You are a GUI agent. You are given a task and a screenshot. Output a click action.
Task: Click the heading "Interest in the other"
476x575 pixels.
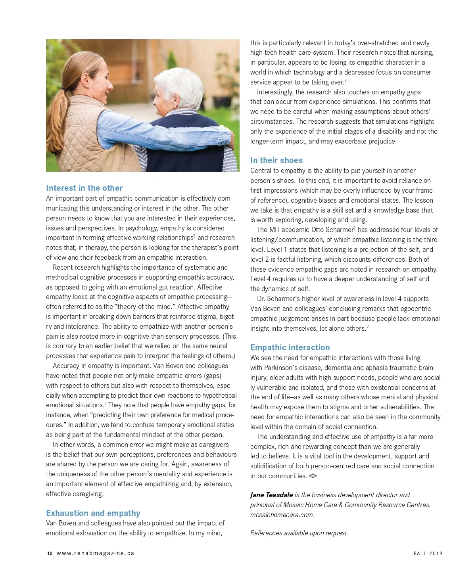pos(84,188)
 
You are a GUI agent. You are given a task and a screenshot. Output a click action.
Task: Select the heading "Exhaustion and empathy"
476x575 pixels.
pos(93,513)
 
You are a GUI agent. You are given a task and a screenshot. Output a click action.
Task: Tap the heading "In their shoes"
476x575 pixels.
pos(276,160)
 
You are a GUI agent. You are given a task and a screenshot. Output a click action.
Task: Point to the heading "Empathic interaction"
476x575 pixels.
pos(290,347)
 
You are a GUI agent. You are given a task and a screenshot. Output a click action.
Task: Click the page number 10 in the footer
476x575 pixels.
pos(50,554)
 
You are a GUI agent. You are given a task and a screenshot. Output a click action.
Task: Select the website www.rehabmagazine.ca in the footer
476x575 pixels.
pos(96,554)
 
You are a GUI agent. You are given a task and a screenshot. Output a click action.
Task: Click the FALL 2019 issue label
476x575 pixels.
pos(428,554)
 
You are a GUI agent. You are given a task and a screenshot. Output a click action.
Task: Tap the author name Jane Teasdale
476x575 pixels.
pos(271,495)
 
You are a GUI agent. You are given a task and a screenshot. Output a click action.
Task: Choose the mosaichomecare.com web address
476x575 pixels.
pos(282,515)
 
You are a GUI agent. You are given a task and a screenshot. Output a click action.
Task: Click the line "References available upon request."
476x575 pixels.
pos(299,533)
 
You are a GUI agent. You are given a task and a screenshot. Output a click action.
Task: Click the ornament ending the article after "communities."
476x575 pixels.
pos(313,476)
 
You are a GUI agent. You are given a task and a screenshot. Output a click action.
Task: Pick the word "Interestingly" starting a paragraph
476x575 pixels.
pos(274,92)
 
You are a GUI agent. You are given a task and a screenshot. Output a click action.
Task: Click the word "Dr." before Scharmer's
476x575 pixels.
pos(261,299)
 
